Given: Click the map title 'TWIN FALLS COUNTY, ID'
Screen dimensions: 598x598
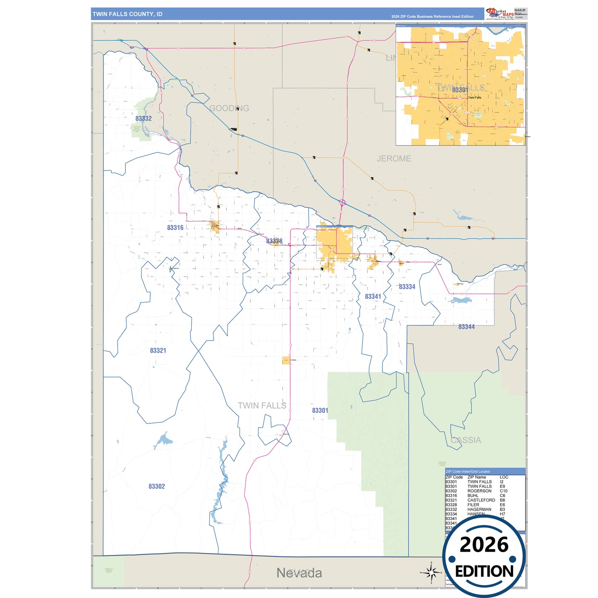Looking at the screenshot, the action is [x=127, y=14].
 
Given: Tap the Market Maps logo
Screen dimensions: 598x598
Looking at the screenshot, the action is [x=500, y=14].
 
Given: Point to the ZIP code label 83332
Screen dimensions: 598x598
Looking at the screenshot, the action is [x=144, y=118].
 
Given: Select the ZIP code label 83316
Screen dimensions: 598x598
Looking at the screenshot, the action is [x=175, y=228].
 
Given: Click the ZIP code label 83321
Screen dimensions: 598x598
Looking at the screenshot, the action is [x=158, y=351].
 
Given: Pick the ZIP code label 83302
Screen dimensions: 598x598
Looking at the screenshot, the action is [x=157, y=486].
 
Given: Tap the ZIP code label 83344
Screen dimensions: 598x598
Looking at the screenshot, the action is [x=466, y=327].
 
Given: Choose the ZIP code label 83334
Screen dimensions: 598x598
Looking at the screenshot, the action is [x=407, y=287].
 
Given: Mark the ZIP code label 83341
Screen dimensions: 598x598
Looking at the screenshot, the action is [x=373, y=297].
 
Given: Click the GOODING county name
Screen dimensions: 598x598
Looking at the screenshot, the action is [x=229, y=108].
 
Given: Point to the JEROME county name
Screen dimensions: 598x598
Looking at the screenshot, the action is [x=394, y=159].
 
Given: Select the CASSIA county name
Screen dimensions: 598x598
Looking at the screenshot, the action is [x=466, y=440].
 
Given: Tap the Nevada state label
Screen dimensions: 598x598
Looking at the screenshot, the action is [x=299, y=573].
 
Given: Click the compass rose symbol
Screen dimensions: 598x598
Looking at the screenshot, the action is [x=431, y=573].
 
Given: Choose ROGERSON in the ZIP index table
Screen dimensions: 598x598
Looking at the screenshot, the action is [x=479, y=491].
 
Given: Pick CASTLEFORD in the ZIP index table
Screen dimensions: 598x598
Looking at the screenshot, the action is [x=481, y=500].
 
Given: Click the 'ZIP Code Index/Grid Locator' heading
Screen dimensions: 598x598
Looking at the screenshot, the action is [x=468, y=471].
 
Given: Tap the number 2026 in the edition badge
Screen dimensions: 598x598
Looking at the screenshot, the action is [x=484, y=545].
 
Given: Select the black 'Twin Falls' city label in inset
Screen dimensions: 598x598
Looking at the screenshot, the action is [x=475, y=98].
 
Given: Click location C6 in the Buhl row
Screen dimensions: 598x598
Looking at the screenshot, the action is [x=502, y=495].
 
